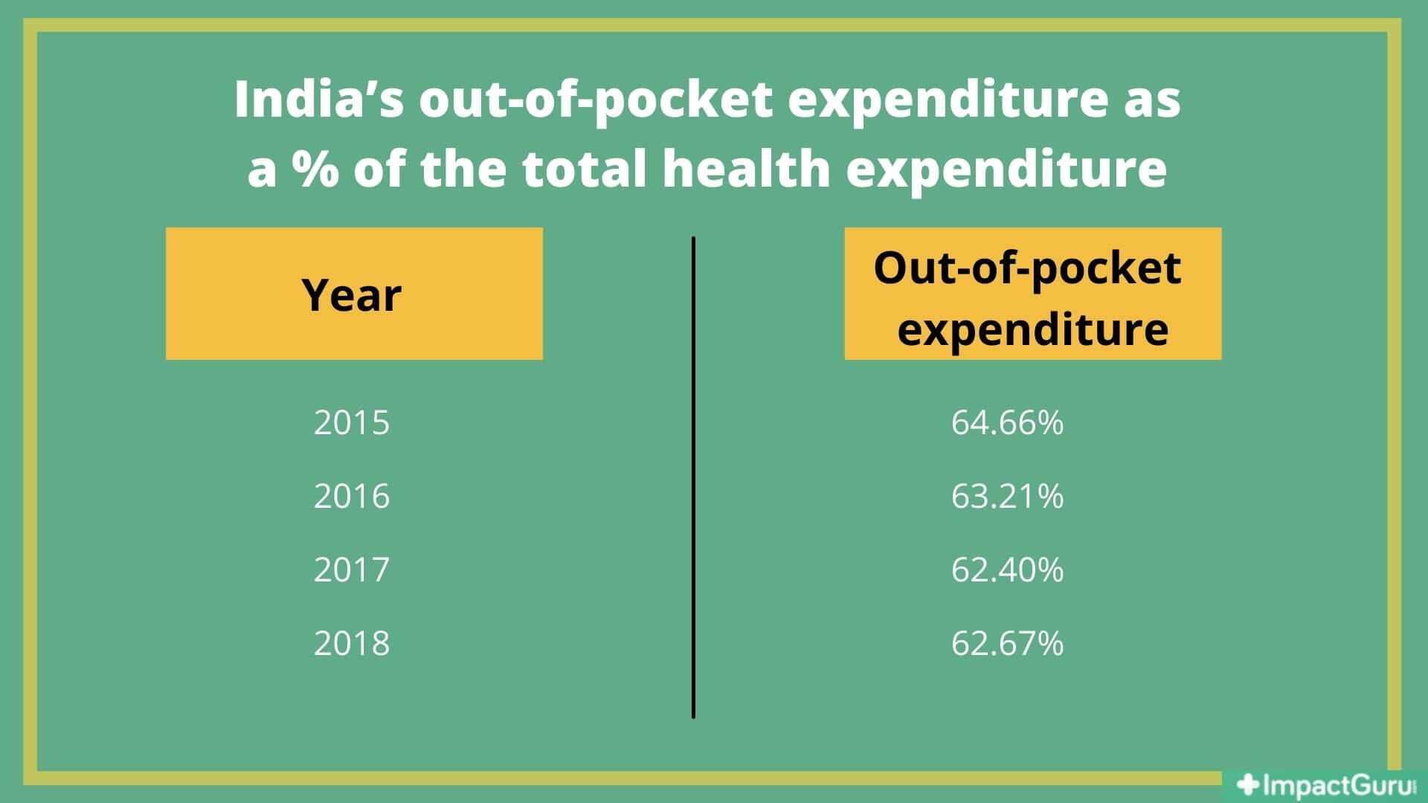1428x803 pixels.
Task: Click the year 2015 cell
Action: click(x=351, y=422)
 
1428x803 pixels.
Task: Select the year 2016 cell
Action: click(x=351, y=496)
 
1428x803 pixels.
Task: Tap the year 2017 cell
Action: click(x=351, y=570)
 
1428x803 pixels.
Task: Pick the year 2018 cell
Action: click(x=351, y=643)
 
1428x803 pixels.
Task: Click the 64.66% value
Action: click(x=1007, y=422)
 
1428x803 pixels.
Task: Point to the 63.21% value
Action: click(x=1007, y=496)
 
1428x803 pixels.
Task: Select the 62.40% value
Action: click(x=1007, y=570)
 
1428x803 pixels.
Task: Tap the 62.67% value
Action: click(x=1007, y=643)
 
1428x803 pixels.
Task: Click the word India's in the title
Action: click(x=319, y=100)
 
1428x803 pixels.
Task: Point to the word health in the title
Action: click(x=746, y=169)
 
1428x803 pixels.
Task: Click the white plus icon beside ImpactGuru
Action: click(x=1247, y=784)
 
